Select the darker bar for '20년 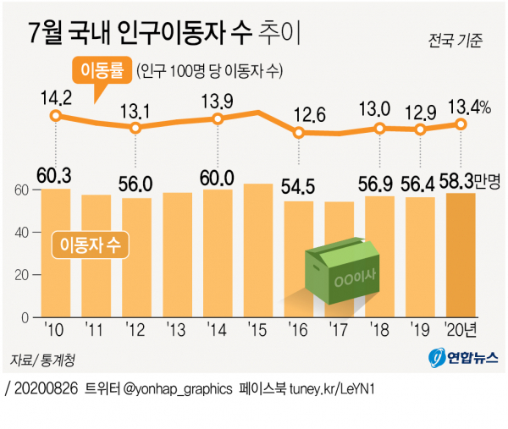click(x=461, y=255)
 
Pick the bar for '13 click(x=177, y=255)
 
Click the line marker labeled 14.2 click(x=56, y=117)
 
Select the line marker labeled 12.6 click(x=299, y=132)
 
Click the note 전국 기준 click(x=456, y=40)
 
